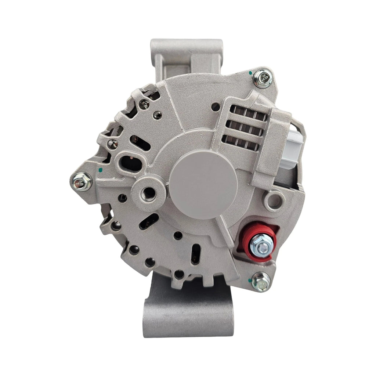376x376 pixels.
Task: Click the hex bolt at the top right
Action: click(x=263, y=78)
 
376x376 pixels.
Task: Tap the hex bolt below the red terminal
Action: click(x=261, y=281)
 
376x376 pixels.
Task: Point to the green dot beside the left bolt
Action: click(x=100, y=170)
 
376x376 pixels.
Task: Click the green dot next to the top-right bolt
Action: click(x=250, y=73)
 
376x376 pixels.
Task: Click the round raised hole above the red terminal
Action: click(x=274, y=200)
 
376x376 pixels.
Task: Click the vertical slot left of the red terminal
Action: click(x=196, y=253)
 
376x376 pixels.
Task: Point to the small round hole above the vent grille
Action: click(x=216, y=106)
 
